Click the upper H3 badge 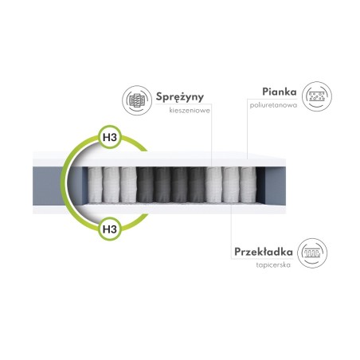pos(110,137)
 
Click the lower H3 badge pos(110,229)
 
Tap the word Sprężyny pos(180,97)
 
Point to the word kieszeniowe pos(190,110)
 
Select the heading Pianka pos(280,92)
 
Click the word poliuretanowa pos(273,105)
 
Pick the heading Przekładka pos(264,252)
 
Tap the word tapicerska pos(273,264)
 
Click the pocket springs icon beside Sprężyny pos(137,100)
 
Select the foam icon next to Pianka pos(317,96)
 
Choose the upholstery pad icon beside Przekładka pos(312,253)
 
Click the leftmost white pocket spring pos(95,185)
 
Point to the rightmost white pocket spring pos(248,185)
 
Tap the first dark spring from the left pos(145,185)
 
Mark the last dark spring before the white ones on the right pos(197,185)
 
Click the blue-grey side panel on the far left pos(49,186)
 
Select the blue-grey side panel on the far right pos(276,186)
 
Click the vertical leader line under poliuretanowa pos(248,129)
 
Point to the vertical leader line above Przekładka pos(231,230)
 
